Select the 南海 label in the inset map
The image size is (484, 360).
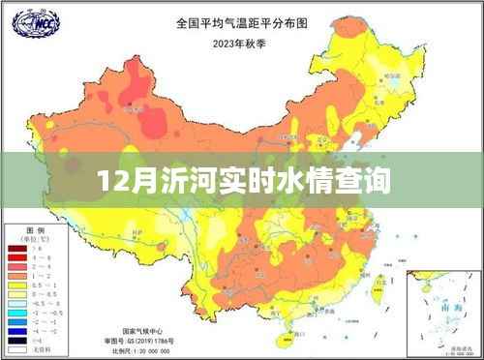coord(446,307)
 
